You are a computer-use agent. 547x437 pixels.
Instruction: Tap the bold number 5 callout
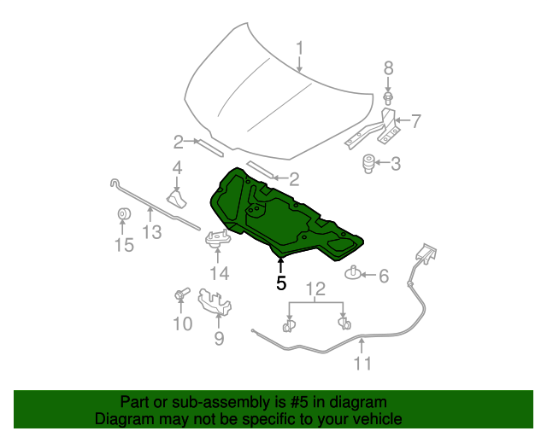tap(281, 283)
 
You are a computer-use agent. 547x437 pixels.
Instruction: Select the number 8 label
tap(387, 68)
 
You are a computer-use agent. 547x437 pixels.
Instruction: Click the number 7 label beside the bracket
tap(416, 120)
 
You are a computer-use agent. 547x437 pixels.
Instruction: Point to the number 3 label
tap(396, 162)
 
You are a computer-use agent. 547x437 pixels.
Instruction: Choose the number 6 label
tap(383, 275)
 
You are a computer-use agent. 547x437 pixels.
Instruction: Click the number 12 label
tap(316, 288)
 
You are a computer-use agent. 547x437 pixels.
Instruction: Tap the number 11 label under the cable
tap(363, 364)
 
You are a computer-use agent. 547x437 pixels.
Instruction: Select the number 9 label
tap(219, 339)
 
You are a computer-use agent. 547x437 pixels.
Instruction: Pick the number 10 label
tap(183, 323)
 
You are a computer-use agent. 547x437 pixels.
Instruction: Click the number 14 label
tap(220, 273)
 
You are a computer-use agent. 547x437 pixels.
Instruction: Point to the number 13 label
tap(151, 230)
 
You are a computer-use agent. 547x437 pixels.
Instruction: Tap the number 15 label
tap(124, 246)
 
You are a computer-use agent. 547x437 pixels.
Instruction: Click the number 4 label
tap(177, 167)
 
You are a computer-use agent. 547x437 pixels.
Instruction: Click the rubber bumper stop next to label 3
tap(371, 161)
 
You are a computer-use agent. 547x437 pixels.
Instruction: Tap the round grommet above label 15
tap(123, 214)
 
